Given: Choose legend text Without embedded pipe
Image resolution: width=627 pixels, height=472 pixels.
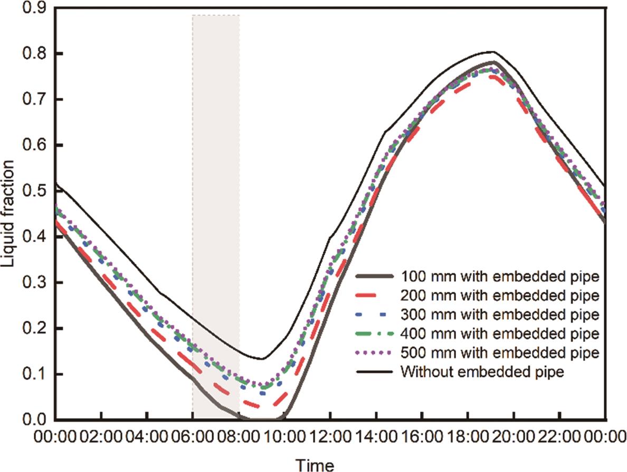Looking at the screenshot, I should (x=483, y=371).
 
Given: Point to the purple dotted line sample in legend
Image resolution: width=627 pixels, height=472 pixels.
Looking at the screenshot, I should (x=375, y=352).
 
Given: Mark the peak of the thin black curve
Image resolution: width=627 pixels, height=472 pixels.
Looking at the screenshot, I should (x=492, y=52).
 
